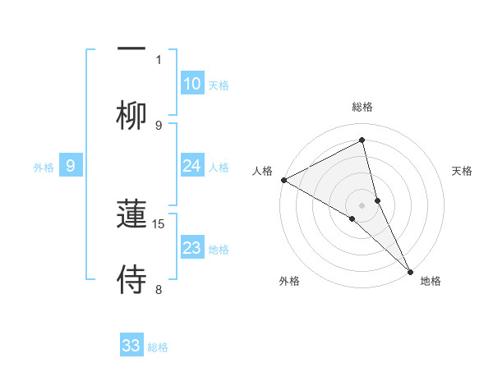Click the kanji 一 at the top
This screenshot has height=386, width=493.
[131, 47]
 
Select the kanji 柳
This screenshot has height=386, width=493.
[131, 116]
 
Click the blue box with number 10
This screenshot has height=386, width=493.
[192, 83]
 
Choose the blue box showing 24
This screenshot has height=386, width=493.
[192, 167]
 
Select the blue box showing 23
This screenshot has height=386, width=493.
[192, 248]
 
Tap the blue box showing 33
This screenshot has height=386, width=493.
[131, 346]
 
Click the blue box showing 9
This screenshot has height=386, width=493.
[71, 167]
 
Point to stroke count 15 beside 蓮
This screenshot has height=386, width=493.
[159, 223]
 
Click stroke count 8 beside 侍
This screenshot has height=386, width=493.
[159, 289]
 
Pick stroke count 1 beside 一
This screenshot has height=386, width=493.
[159, 59]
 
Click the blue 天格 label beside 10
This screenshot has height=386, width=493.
[219, 85]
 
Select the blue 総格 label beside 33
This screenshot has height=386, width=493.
[158, 347]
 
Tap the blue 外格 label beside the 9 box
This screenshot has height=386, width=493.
[44, 168]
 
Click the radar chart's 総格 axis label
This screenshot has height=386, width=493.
[362, 107]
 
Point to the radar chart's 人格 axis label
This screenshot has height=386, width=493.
[262, 171]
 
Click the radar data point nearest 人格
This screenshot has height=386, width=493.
[283, 180]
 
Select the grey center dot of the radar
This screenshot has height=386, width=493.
[362, 204]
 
